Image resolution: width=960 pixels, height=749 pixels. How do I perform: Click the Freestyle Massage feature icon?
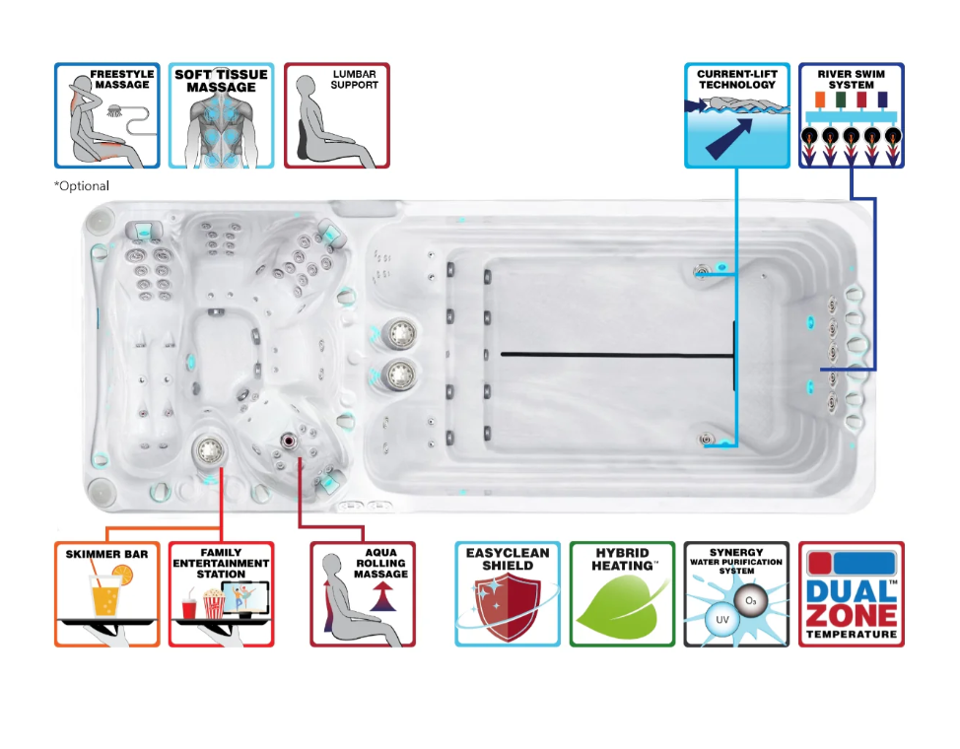[x=107, y=115]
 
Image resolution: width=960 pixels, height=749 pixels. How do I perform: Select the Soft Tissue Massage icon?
[x=221, y=115]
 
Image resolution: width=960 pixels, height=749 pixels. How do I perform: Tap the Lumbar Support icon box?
[x=337, y=115]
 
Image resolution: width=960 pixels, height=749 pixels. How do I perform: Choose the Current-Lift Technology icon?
[x=737, y=115]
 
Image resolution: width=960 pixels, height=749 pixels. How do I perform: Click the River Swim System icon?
[x=851, y=115]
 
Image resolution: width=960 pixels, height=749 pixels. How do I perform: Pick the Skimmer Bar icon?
[x=107, y=594]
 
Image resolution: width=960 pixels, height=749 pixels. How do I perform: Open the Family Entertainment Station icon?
[x=221, y=594]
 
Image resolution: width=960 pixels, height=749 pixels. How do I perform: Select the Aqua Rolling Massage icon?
[x=363, y=594]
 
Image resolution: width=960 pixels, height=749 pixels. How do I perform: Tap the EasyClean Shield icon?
[x=508, y=594]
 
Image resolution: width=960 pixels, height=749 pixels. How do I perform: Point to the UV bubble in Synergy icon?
[x=722, y=619]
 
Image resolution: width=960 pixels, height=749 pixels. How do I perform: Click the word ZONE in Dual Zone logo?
[x=852, y=615]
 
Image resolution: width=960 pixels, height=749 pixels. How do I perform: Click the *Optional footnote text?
[x=82, y=185]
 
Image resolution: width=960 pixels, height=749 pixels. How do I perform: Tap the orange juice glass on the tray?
[x=105, y=595]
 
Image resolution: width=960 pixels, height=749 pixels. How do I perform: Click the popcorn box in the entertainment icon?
[x=214, y=603]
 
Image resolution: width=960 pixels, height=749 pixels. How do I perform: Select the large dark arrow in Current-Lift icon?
[x=728, y=139]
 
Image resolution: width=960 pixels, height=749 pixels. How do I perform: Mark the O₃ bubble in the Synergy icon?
[x=751, y=601]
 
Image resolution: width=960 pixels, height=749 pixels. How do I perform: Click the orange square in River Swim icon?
[x=820, y=100]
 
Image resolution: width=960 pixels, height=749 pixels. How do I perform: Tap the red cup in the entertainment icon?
[x=190, y=608]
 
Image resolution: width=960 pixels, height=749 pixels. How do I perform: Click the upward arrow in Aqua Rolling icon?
[x=382, y=596]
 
